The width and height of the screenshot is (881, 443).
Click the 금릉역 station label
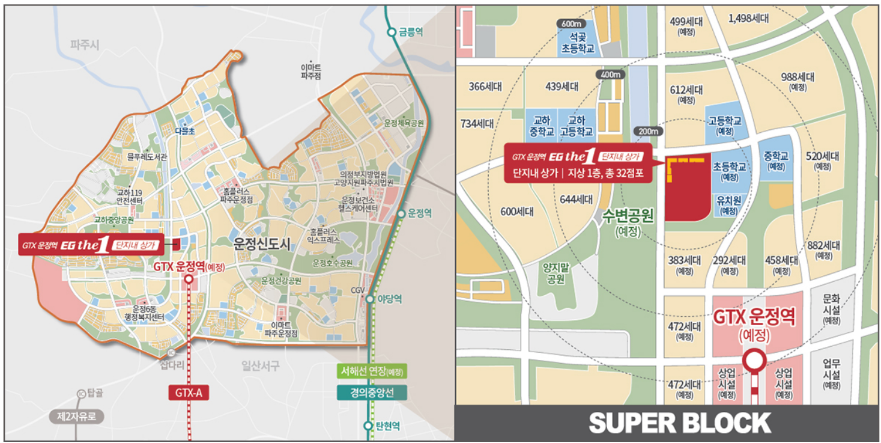(x=410, y=32)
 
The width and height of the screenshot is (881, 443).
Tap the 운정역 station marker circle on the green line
(x=401, y=213)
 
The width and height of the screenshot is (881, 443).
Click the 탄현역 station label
(x=387, y=426)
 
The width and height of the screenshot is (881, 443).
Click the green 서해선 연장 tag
(x=371, y=371)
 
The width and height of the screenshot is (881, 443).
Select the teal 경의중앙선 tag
(x=371, y=393)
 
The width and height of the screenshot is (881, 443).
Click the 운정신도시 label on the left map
(x=262, y=244)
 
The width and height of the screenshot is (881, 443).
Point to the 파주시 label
(x=84, y=45)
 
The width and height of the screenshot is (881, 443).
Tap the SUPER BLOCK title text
(x=680, y=423)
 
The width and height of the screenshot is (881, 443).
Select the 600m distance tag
(x=571, y=23)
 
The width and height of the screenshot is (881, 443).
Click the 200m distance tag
(x=649, y=132)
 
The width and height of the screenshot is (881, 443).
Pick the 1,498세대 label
(x=748, y=19)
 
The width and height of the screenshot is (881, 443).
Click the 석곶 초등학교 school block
(x=577, y=43)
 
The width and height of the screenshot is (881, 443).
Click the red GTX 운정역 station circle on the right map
(x=754, y=361)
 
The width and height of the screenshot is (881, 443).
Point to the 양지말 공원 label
(x=556, y=275)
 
